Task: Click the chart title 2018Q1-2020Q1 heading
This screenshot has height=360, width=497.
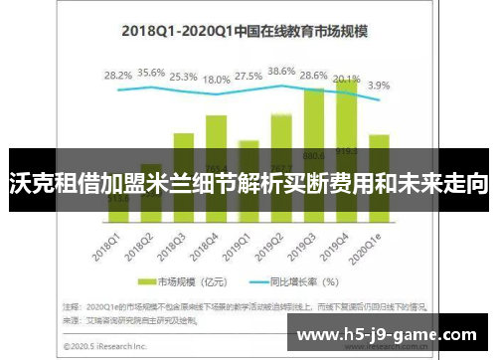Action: tap(244, 31)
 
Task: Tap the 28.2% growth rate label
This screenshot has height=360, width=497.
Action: tap(117, 75)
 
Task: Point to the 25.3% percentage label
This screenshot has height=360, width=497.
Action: tap(184, 76)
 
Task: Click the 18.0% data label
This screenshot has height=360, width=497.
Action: tap(217, 80)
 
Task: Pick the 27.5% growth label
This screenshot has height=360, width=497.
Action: tap(248, 76)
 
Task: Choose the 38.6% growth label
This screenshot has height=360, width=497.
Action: tap(281, 72)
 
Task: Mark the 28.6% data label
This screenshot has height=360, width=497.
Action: tap(314, 76)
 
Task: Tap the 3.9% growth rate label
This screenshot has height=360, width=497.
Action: tap(379, 86)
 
